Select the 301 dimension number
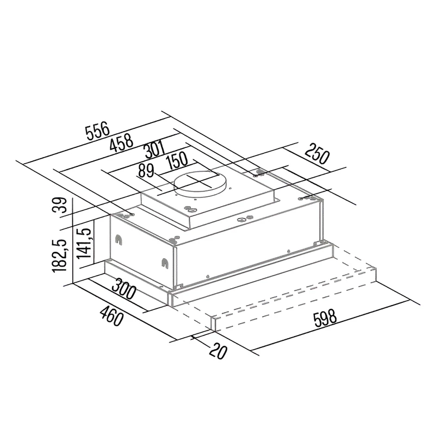coord(155,150)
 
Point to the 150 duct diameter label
coord(177,161)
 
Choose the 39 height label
coord(60,205)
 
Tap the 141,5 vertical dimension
coord(84,243)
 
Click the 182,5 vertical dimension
coord(59,256)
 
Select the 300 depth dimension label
coord(124,289)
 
